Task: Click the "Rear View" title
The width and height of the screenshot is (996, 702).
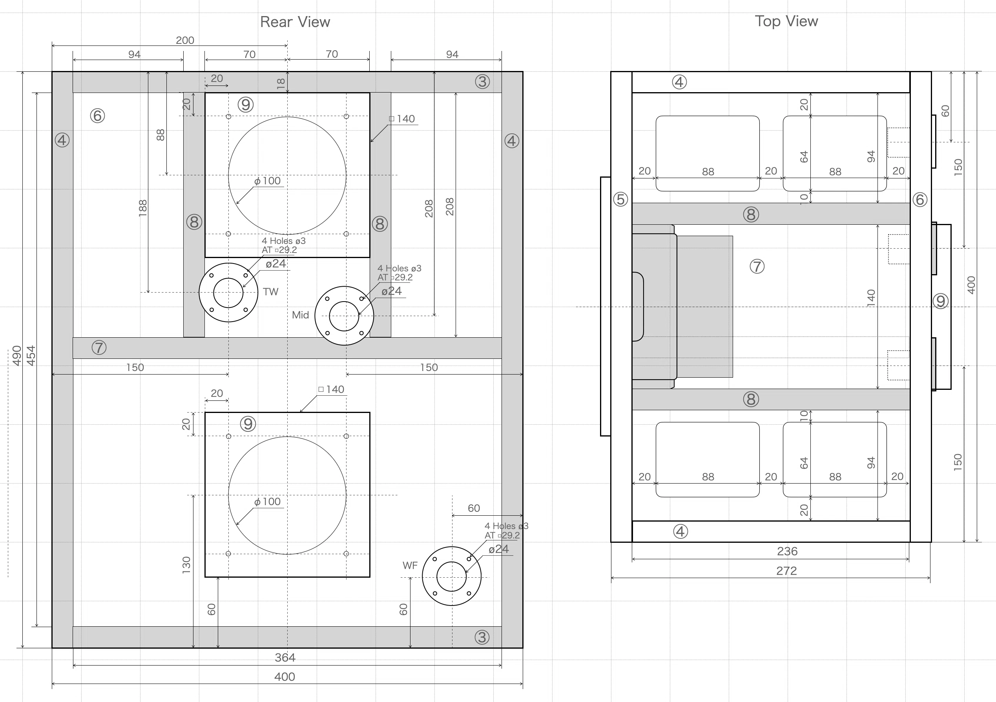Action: coord(295,22)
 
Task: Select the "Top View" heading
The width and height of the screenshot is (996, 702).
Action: coord(786,21)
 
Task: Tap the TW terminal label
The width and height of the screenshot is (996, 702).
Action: coord(270,292)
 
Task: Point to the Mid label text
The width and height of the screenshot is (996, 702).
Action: coord(300,315)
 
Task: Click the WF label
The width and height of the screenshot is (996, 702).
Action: coord(410,566)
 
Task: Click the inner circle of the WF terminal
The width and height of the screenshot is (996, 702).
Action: coord(452,577)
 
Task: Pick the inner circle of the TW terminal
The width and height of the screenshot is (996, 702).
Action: coord(228,293)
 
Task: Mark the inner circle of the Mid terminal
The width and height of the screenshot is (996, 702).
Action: coord(344,316)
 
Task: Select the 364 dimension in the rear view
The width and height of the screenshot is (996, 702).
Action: coord(285,658)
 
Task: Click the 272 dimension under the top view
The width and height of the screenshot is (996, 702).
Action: coord(786,571)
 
